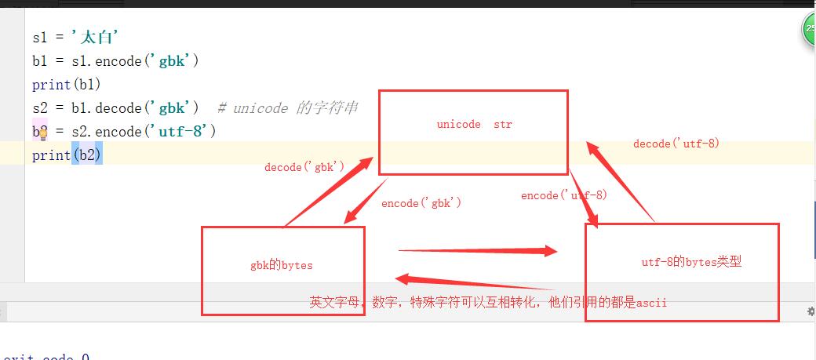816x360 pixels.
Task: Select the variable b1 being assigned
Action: tap(40, 60)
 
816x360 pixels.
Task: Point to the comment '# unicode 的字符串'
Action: tap(287, 107)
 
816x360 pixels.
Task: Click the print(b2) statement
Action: tap(67, 155)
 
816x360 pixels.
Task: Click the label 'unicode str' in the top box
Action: tap(474, 125)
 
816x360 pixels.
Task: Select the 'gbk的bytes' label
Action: tap(282, 265)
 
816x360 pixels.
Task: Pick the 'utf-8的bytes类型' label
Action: tap(690, 262)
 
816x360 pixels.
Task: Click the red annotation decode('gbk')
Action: tap(304, 167)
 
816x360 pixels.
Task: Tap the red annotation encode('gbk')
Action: tap(421, 203)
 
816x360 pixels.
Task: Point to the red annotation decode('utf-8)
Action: tap(676, 144)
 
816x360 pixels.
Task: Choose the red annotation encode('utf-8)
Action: tap(563, 195)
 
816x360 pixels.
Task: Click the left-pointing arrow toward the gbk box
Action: tap(474, 283)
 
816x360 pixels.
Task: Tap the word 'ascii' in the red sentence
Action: tap(651, 302)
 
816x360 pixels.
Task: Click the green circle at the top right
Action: tap(810, 30)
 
